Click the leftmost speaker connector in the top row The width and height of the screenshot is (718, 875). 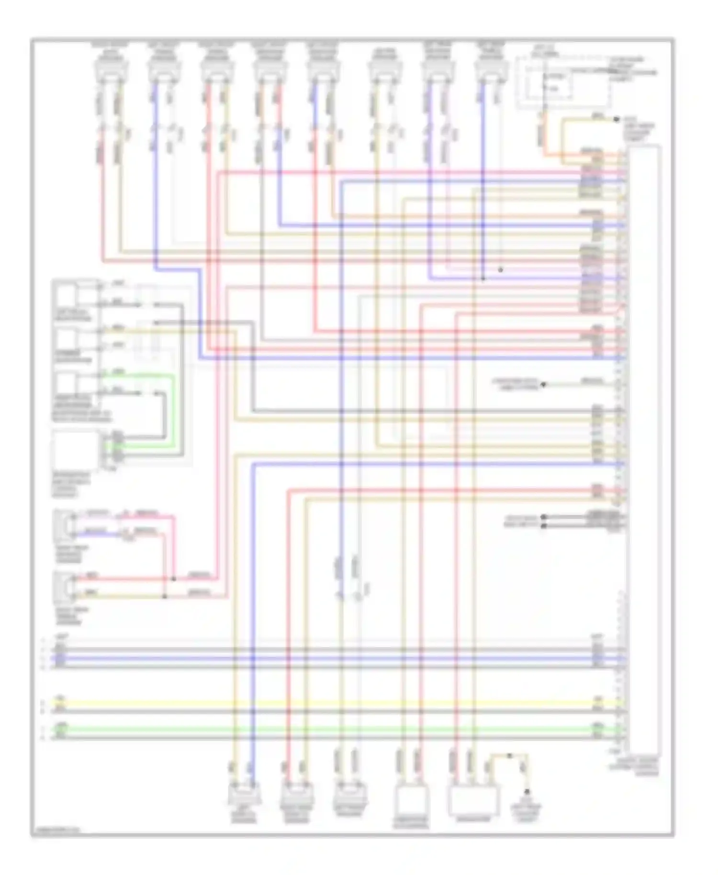111,69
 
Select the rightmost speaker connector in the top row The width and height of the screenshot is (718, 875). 491,69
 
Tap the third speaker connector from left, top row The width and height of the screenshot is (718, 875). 217,69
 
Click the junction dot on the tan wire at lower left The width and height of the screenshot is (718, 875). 165,596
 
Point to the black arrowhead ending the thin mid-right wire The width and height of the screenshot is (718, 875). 544,384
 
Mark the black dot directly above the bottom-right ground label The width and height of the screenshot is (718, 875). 527,792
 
